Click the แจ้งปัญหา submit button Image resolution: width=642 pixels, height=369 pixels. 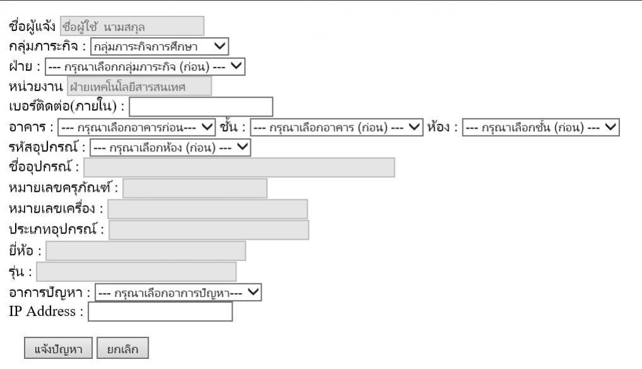(59, 348)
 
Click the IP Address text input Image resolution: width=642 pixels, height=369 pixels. (160, 312)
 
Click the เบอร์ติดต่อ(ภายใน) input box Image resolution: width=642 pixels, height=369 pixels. (201, 107)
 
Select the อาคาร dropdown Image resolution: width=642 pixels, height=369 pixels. (137, 127)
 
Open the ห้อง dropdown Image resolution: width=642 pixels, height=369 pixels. (541, 127)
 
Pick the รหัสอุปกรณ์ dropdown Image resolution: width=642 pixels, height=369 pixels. (170, 147)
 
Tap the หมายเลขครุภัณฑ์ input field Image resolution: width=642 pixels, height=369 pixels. (195, 188)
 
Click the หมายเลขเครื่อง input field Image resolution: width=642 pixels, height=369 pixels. (207, 209)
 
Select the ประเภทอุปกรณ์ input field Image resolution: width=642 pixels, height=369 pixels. (209, 230)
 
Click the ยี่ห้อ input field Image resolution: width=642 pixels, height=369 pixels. (146, 250)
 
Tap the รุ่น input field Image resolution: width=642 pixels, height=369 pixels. (136, 271)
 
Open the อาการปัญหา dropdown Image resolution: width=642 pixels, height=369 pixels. (178, 292)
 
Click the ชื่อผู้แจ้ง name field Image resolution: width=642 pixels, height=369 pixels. (132, 26)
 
